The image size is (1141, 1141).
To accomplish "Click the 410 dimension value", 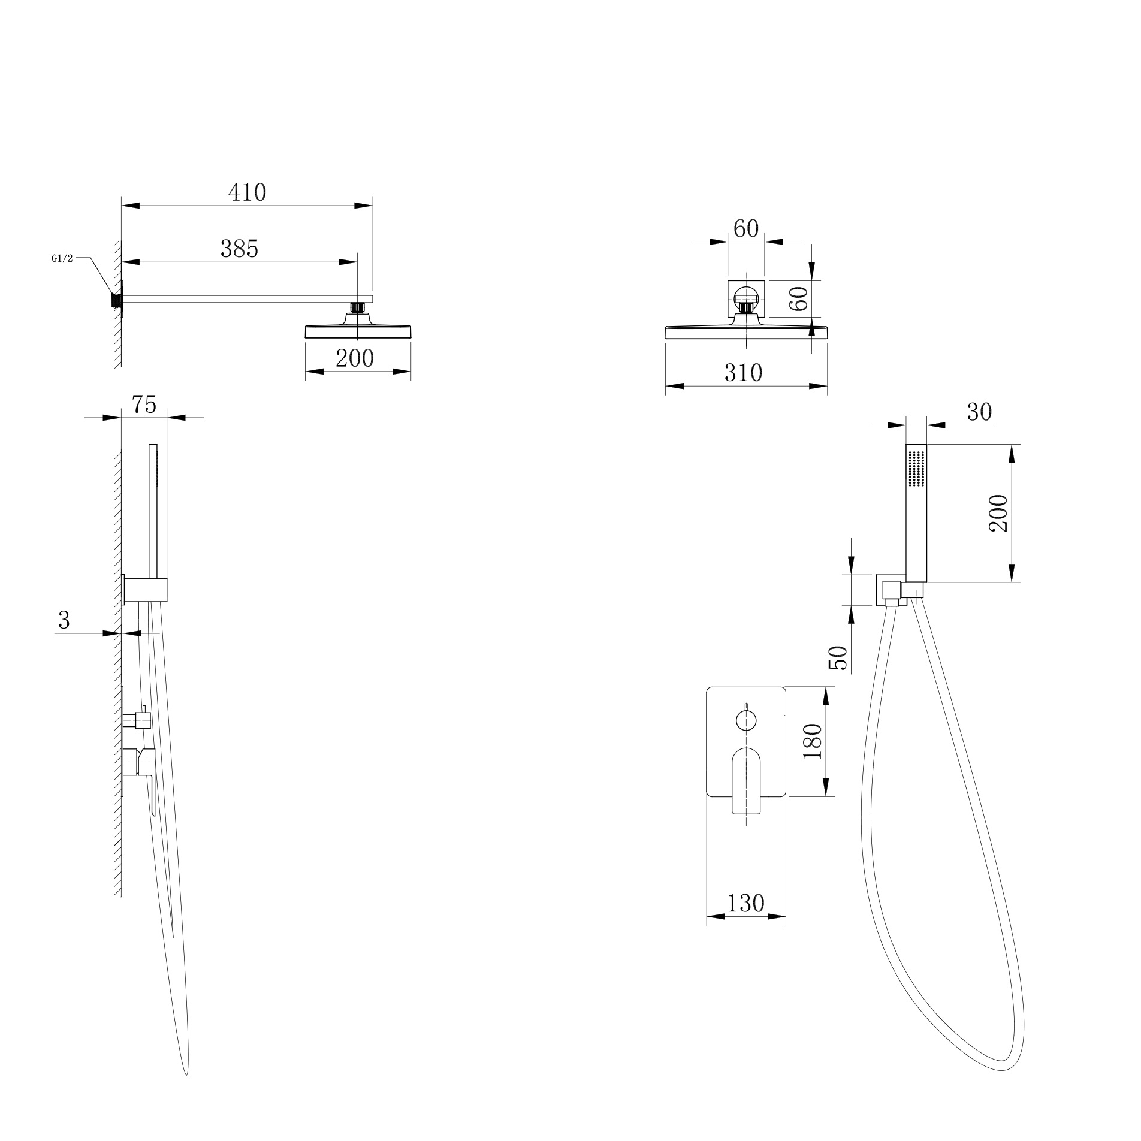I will pyautogui.click(x=247, y=193).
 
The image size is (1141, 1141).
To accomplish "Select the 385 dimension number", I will pyautogui.click(x=239, y=249).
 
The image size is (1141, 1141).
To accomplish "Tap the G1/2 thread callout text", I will pyautogui.click(x=62, y=259).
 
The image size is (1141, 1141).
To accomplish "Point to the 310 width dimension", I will pyautogui.click(x=743, y=373).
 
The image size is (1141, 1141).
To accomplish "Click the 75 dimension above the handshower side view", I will pyautogui.click(x=144, y=405).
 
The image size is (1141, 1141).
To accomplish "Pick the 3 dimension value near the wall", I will pyautogui.click(x=64, y=620).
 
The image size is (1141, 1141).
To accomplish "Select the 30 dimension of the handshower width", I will pyautogui.click(x=979, y=412).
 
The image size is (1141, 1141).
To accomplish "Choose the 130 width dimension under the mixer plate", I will pyautogui.click(x=745, y=903).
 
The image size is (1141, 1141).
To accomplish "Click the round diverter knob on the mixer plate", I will pyautogui.click(x=746, y=720).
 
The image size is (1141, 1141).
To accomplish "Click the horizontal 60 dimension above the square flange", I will pyautogui.click(x=746, y=228).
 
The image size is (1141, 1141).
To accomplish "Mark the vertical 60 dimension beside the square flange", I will pyautogui.click(x=799, y=298).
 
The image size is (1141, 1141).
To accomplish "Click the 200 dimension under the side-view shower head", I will pyautogui.click(x=354, y=358).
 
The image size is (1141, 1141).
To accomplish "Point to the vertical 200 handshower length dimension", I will pyautogui.click(x=997, y=513).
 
